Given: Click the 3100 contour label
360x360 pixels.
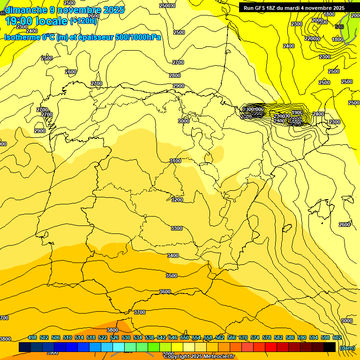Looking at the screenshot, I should [x=175, y=161].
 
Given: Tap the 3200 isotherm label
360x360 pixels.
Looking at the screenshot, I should [x=177, y=200].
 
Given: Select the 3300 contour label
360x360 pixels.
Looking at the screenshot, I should [x=177, y=228].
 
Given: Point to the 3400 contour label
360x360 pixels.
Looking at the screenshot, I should [x=173, y=255].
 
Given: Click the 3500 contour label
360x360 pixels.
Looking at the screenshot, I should [x=172, y=276].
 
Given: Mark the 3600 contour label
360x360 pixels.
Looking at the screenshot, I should [x=165, y=292].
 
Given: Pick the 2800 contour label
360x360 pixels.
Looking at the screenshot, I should [x=175, y=75].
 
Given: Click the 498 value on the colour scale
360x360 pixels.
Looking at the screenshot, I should [x=32, y=337].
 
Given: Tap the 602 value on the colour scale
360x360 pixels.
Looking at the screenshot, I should [x=337, y=337].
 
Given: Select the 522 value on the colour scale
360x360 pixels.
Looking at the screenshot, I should [x=103, y=337].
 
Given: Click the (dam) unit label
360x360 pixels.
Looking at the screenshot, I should [x=347, y=347].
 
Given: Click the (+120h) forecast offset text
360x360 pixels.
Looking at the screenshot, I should [x=83, y=21].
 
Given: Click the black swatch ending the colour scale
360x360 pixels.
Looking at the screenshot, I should [x=330, y=347].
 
